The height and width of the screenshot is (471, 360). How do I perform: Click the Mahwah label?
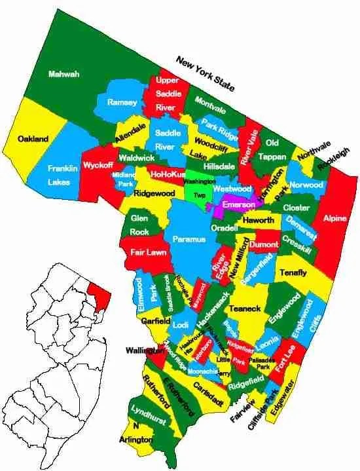[x=63, y=74]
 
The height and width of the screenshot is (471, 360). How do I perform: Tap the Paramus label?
[x=189, y=240]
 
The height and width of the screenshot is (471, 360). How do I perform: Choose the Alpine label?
[x=334, y=218]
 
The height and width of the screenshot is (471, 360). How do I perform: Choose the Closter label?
[x=296, y=207]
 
